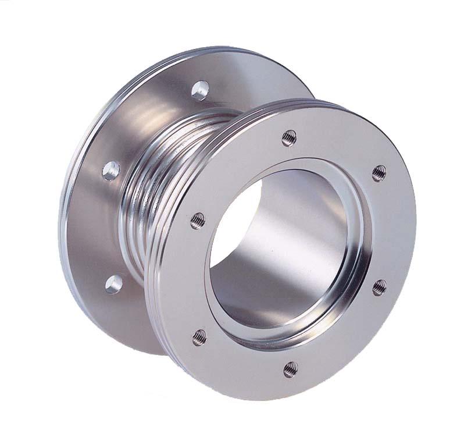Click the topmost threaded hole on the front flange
pos(289,138)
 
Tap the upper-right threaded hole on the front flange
pos(379,173)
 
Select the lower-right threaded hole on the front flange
pos(379,286)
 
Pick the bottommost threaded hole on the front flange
pos(290,368)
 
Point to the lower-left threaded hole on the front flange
pos(199,336)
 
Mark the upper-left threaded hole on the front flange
pos(198,220)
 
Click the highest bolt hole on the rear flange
pos(200,90)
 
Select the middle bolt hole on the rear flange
pos(110,170)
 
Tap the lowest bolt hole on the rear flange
pos(113,283)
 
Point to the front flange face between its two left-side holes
pos(189,279)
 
